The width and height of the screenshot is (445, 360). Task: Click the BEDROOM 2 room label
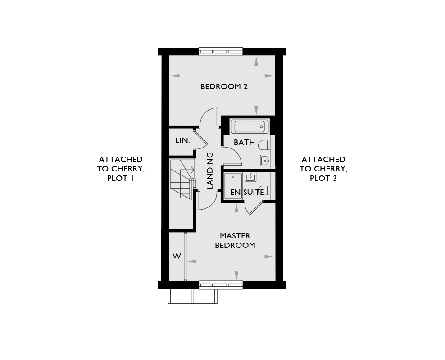224,86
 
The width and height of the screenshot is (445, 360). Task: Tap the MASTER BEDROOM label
235,240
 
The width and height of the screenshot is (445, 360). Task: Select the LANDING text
210,171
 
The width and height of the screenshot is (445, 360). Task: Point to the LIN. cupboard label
182,140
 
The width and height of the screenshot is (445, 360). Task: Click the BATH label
244,142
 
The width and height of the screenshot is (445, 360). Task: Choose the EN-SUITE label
247,192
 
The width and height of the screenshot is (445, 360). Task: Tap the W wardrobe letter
177,256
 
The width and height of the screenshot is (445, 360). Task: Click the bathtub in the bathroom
249,126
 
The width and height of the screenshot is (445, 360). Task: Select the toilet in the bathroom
264,145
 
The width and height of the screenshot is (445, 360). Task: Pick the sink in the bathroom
265,161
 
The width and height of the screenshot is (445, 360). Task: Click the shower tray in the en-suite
233,186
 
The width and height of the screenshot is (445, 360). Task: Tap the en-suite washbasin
251,177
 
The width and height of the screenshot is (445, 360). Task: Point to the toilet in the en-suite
266,189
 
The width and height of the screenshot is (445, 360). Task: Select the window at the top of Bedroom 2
221,51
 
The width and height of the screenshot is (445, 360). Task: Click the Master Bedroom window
221,285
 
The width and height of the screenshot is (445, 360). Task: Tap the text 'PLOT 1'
120,178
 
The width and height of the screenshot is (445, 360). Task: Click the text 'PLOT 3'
323,178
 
